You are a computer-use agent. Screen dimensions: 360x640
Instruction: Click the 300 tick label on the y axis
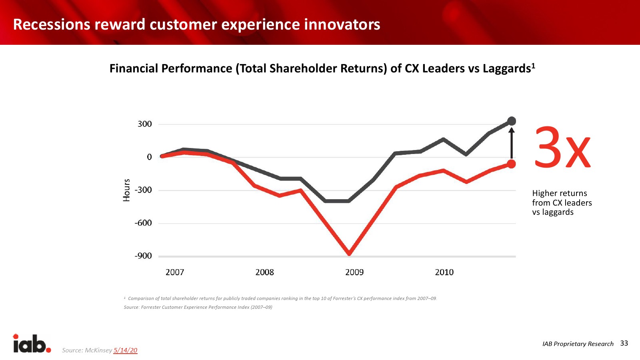(144, 124)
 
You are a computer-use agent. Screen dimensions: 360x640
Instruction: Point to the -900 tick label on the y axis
(143, 256)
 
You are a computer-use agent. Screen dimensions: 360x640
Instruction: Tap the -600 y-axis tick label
(143, 223)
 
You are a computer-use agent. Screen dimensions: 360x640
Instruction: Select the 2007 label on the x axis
(175, 272)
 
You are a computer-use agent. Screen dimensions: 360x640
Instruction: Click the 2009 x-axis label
(354, 272)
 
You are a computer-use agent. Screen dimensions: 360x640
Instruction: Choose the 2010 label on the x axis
(444, 272)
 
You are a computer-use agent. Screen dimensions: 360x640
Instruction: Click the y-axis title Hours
(126, 190)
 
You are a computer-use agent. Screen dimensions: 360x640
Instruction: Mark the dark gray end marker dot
(512, 121)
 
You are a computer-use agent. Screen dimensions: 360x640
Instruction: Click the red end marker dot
(511, 164)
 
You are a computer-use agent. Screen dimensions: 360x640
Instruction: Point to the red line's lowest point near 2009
(349, 253)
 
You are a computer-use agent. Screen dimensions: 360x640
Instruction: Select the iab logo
(32, 344)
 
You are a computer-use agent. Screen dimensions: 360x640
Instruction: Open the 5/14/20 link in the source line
(125, 350)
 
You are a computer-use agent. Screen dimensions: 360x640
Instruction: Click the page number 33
(624, 343)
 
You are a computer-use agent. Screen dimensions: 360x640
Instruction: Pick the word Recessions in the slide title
(52, 25)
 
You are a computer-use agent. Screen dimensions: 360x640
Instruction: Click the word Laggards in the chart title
(507, 69)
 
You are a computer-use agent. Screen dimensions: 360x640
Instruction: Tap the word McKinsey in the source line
(98, 350)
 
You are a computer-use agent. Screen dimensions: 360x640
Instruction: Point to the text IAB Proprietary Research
(578, 344)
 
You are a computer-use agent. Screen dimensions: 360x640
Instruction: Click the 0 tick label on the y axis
(149, 157)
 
